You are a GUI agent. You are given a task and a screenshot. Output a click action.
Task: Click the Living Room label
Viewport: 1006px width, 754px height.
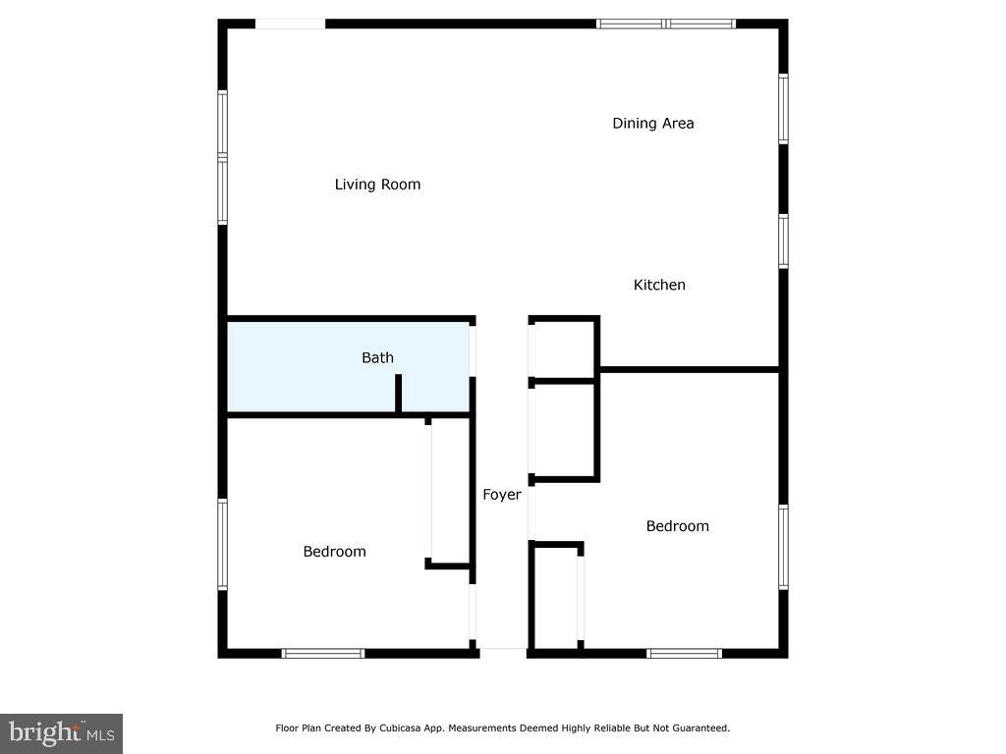[x=377, y=185]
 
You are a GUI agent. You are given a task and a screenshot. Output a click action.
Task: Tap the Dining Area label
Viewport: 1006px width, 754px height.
[x=653, y=124]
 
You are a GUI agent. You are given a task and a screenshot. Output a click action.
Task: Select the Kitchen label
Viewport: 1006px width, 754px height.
[x=659, y=285]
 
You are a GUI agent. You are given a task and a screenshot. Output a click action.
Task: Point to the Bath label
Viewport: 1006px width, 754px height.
[x=377, y=357]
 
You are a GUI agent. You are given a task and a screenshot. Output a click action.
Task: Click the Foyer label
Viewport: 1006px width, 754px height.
[x=502, y=495]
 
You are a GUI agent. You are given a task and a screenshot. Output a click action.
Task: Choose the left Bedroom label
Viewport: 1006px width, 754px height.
[x=334, y=552]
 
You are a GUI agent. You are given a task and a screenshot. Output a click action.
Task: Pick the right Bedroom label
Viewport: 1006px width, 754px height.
[x=677, y=526]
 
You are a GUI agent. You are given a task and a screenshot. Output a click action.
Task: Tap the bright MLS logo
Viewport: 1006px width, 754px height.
[x=61, y=732]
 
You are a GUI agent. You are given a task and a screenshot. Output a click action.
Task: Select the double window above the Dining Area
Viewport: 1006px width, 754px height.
[x=666, y=24]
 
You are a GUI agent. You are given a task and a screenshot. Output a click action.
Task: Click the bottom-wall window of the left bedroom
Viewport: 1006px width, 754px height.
[x=323, y=653]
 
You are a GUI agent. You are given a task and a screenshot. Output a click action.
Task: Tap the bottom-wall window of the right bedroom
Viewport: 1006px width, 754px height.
[x=685, y=653]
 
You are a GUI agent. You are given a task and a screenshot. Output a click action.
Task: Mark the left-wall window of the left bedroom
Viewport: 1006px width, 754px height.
[x=223, y=545]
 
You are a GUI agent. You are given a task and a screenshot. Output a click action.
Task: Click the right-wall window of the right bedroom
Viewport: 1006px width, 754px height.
[x=783, y=546]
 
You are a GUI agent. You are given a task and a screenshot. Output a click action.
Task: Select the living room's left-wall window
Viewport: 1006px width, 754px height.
[x=223, y=157]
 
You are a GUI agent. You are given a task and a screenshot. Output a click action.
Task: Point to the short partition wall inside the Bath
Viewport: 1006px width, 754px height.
[x=398, y=395]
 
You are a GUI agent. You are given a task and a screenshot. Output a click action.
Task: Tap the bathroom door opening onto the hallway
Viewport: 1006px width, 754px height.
[x=473, y=350]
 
